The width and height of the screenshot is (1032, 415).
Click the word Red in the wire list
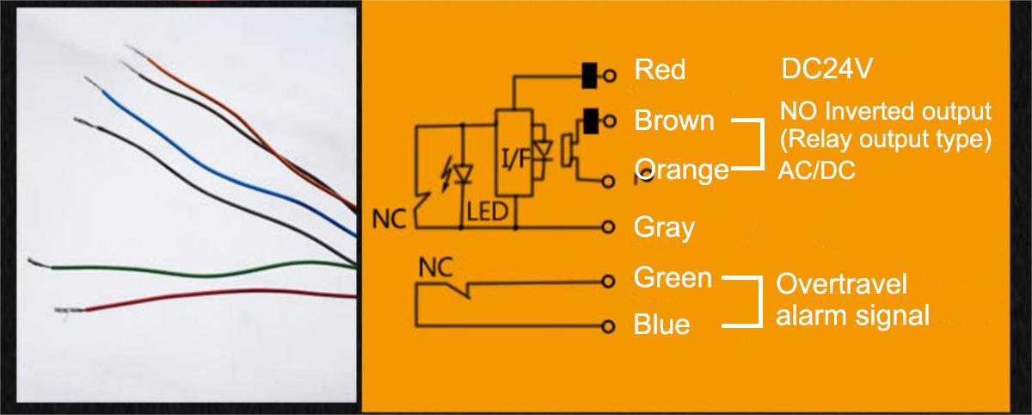pos(660,70)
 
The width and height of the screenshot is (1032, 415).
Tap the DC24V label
pos(828,70)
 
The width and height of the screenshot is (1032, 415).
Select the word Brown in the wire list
pos(674,121)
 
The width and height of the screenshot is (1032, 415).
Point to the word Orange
pos(681,170)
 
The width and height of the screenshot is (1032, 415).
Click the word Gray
pos(663,228)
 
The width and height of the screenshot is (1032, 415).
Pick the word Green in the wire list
pos(673,278)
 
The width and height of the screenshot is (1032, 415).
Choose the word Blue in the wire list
pos(661,325)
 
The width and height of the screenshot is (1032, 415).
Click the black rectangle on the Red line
pos(591,75)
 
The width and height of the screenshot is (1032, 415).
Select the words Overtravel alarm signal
pos(852,300)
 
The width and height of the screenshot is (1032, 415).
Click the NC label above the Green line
pos(435,269)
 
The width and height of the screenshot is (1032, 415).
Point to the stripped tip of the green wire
pos(39,262)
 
